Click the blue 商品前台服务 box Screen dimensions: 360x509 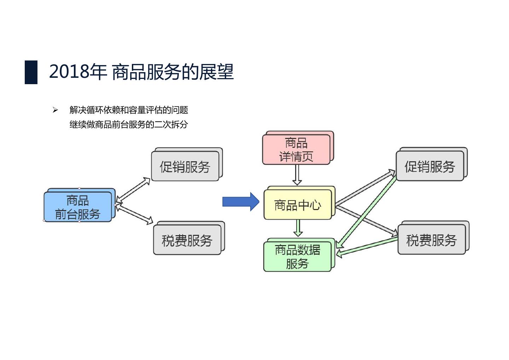pyautogui.click(x=78, y=207)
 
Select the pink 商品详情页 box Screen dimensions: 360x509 pyautogui.click(x=296, y=150)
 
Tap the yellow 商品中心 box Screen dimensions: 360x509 pyautogui.click(x=298, y=205)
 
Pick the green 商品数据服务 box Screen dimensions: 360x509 pyautogui.click(x=297, y=257)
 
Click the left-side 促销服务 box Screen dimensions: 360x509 pyautogui.click(x=185, y=167)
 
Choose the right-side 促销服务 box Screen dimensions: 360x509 pyautogui.click(x=429, y=167)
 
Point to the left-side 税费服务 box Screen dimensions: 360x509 pyautogui.click(x=187, y=240)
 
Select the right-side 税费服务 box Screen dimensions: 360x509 pyautogui.click(x=431, y=240)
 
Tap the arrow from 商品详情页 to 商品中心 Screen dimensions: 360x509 pyautogui.click(x=297, y=175)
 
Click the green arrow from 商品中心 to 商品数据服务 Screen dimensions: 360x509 pyautogui.click(x=298, y=228)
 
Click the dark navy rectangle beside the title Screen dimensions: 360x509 pyautogui.click(x=31, y=72)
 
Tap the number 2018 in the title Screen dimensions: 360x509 pyautogui.click(x=69, y=72)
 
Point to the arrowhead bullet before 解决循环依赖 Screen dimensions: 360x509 pyautogui.click(x=55, y=110)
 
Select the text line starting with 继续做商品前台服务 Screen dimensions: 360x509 pyautogui.click(x=129, y=124)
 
